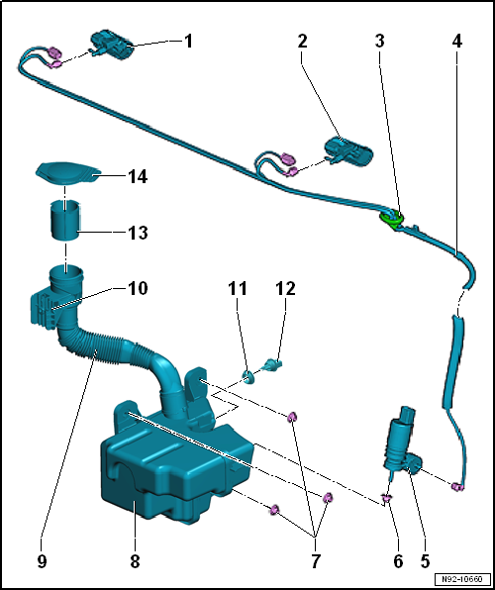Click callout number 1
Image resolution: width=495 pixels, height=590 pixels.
[x=188, y=42]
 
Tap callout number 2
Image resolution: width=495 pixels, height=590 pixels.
[x=302, y=42]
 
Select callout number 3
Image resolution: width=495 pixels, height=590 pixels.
[x=379, y=42]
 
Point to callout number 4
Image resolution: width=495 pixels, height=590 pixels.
[x=456, y=42]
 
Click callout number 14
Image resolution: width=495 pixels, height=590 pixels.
[x=138, y=177]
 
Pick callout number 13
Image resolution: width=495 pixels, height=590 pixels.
[x=138, y=234]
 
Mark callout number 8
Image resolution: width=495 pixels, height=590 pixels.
[x=135, y=560]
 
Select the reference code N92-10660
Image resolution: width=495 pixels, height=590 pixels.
[x=461, y=579]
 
